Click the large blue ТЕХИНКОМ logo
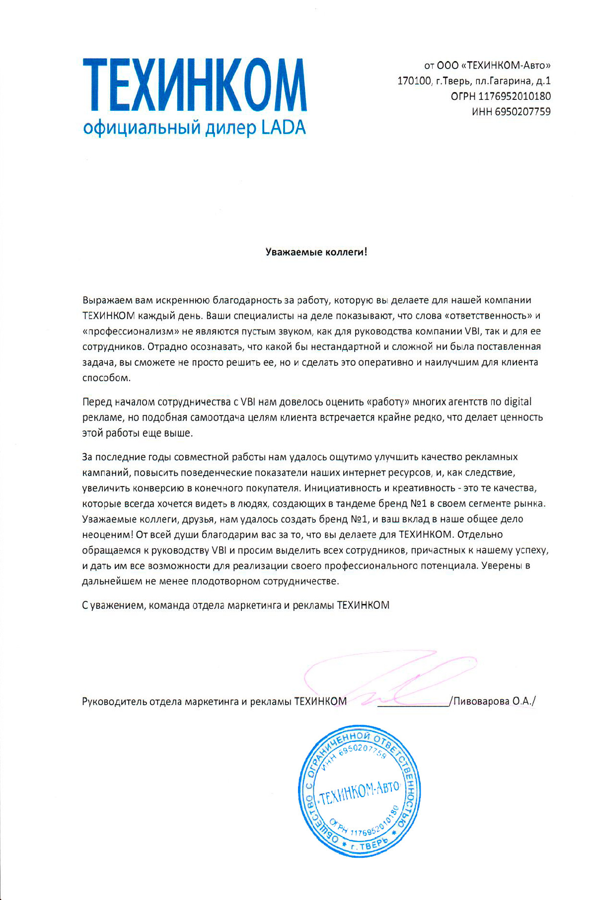click(195, 85)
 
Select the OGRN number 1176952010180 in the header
click(515, 96)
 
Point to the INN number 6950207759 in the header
click(523, 112)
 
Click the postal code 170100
click(414, 81)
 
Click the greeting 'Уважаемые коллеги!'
click(316, 252)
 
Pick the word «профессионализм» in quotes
click(131, 331)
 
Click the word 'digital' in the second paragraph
click(518, 402)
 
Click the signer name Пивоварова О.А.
click(494, 701)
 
